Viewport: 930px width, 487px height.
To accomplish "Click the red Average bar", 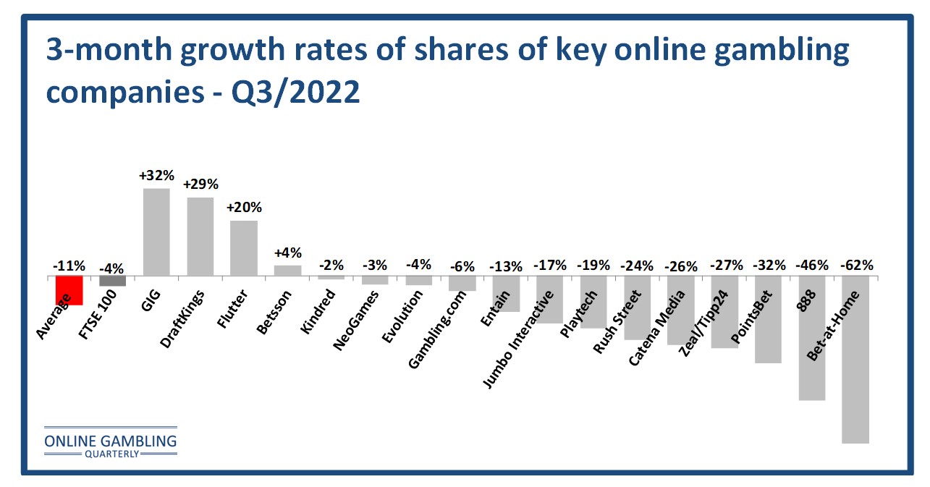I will coord(69,291).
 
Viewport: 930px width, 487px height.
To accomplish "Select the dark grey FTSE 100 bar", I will coord(113,281).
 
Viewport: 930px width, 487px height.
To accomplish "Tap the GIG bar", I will coord(156,232).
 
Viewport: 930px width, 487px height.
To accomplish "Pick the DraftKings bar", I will coord(200,237).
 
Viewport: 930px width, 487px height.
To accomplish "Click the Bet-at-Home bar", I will coord(855,360).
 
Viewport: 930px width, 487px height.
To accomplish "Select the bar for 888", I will coord(812,338).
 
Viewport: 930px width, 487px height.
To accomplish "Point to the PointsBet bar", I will coord(768,320).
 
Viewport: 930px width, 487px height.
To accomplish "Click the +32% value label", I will coord(156,176).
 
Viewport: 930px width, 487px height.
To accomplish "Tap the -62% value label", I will coord(855,265).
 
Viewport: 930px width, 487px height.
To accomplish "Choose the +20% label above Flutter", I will coord(244,208).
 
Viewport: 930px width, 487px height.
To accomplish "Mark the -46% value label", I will coord(812,265).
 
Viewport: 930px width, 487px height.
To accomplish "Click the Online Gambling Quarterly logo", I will coord(110,441).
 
